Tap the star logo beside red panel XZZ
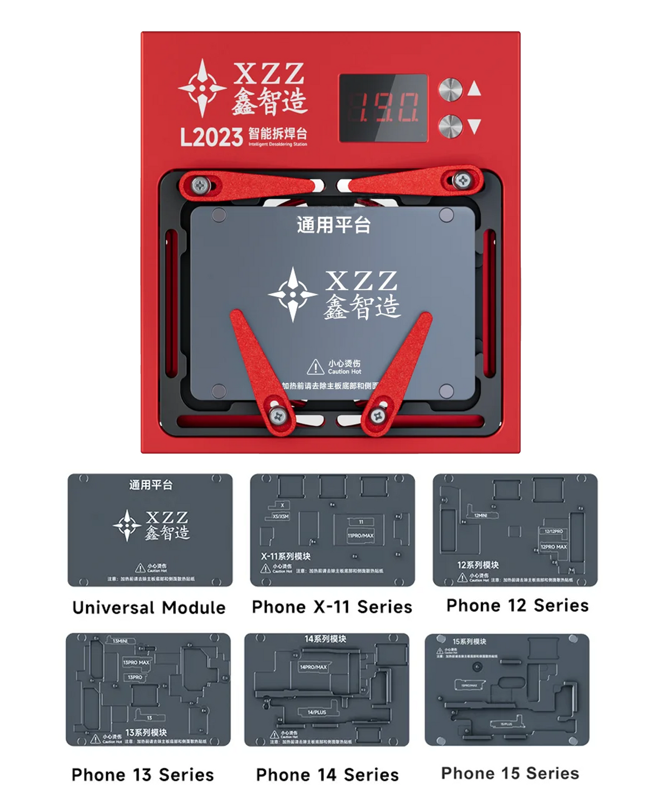202,88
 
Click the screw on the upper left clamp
201,186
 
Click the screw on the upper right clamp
462,180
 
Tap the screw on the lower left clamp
278,415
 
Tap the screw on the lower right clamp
378,416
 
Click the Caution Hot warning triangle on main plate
315,367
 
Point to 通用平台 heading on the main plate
334,225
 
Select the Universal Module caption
149,608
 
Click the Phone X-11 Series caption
332,607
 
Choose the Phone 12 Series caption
517,606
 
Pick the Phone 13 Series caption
142,775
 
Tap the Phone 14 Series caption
327,775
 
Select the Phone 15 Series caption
510,773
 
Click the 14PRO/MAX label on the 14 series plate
313,667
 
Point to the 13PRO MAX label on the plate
136,662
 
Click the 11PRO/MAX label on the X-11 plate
361,536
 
